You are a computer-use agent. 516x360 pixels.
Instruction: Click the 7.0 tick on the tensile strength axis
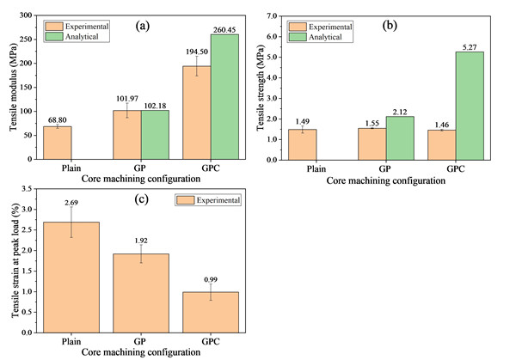point(275,15)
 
